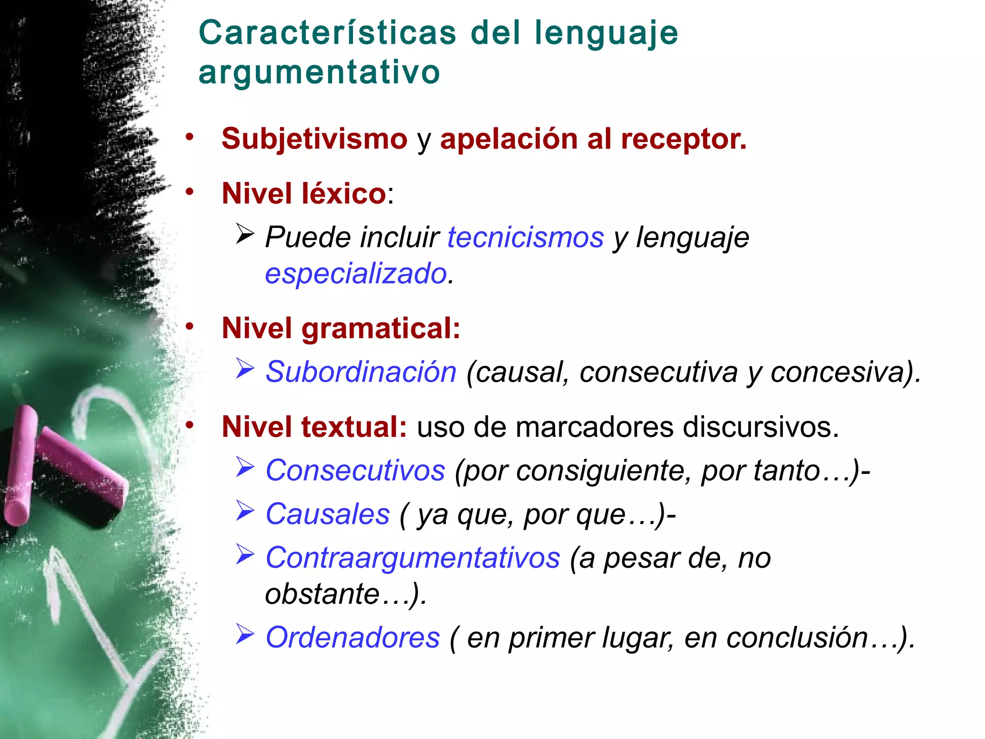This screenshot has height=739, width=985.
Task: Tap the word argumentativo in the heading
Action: point(319,72)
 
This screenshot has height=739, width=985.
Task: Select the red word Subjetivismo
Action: point(315,139)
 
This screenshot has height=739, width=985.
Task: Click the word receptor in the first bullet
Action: point(683,140)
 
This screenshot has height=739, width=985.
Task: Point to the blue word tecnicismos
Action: point(525,237)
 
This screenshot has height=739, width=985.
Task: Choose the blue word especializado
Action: point(356,274)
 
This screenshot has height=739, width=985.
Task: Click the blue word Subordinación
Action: point(361,372)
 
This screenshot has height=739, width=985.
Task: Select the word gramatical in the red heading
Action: point(380,328)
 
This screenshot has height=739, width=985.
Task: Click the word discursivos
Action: point(760,427)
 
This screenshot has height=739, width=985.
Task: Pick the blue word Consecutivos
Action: point(355,470)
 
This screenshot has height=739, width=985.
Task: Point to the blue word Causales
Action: point(328,514)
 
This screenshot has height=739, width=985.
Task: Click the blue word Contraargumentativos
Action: point(413,558)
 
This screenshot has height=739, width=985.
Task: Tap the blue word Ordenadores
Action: point(353,637)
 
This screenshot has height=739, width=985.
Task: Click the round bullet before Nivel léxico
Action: point(190,192)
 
